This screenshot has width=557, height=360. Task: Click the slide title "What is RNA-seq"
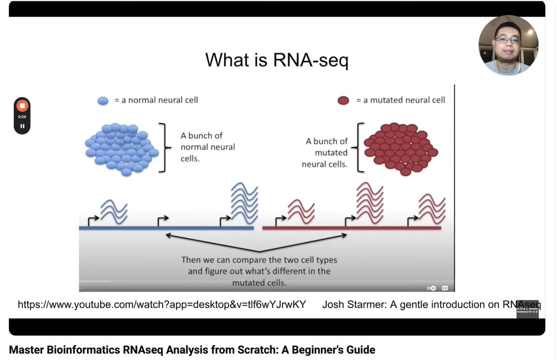(x=277, y=59)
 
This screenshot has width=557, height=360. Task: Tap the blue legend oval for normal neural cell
(x=103, y=100)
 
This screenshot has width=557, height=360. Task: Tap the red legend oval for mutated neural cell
(x=343, y=100)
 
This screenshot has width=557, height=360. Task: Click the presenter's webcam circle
(x=508, y=45)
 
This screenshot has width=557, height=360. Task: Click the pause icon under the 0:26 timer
(x=22, y=126)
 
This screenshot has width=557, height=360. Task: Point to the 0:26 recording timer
(x=22, y=116)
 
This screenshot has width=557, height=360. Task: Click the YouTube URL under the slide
(x=162, y=305)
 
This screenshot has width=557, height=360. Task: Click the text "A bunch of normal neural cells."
(x=207, y=147)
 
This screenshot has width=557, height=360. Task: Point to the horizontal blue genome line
(x=166, y=228)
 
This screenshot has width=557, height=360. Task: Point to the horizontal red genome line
(x=351, y=228)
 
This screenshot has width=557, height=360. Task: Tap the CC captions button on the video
(x=444, y=288)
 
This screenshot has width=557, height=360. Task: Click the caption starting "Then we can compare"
(x=259, y=271)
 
